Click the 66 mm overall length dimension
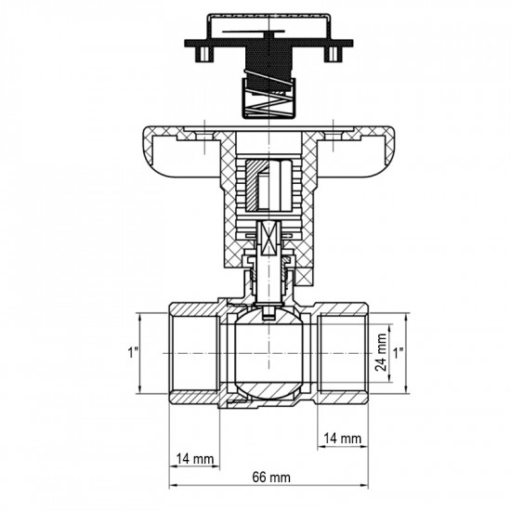click(270, 477)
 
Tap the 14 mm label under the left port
click(193, 459)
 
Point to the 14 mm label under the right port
click(343, 437)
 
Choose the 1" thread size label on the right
click(400, 353)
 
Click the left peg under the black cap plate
click(201, 59)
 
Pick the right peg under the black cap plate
click(330, 59)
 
